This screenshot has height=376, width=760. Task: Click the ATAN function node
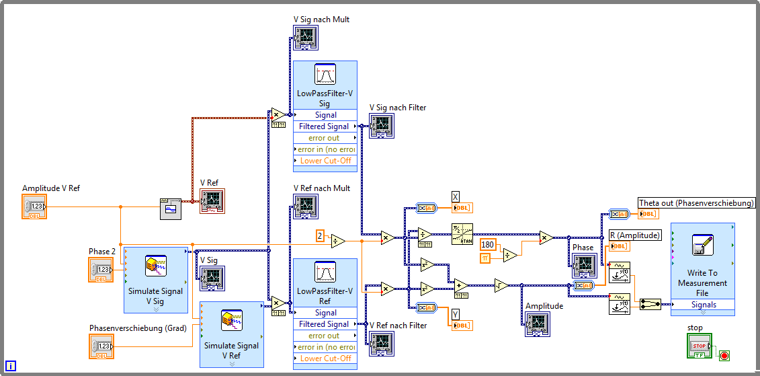(x=462, y=234)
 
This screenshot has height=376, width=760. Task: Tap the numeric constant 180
(x=488, y=244)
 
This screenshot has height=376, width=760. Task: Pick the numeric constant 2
(x=321, y=236)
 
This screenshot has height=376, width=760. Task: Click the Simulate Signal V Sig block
(x=155, y=279)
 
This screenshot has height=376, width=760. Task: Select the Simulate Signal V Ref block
(x=231, y=334)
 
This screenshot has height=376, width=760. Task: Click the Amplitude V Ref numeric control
(x=35, y=206)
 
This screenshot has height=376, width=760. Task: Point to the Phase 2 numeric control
(x=101, y=270)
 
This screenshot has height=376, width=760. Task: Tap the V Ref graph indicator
(x=212, y=201)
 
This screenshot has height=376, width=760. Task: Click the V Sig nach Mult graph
(x=305, y=38)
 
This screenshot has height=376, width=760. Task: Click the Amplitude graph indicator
(x=538, y=324)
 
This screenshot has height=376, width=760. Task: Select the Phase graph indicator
(x=583, y=266)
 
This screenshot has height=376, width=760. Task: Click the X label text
(x=455, y=196)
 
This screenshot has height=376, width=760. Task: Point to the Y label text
(x=455, y=314)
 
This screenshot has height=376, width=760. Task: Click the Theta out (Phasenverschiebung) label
(x=696, y=202)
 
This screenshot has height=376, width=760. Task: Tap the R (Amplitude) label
(x=634, y=235)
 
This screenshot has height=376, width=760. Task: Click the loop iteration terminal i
(x=11, y=366)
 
